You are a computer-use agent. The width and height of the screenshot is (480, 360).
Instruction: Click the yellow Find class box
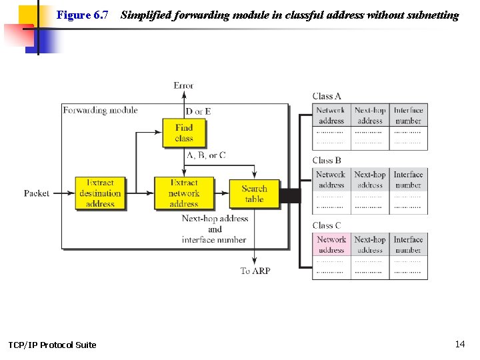click(x=184, y=133)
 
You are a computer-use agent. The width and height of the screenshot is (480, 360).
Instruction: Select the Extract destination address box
click(x=100, y=193)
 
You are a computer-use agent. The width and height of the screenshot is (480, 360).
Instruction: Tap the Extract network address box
click(x=184, y=193)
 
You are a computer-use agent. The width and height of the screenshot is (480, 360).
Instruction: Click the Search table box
click(x=254, y=194)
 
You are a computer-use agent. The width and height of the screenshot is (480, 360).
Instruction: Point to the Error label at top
click(x=183, y=85)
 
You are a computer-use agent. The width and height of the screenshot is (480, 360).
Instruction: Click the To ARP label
click(x=255, y=271)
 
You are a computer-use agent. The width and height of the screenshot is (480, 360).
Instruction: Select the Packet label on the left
click(x=37, y=193)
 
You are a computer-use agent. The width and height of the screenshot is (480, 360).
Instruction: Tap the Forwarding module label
click(x=100, y=110)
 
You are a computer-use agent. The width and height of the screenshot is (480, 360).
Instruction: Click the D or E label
click(x=198, y=111)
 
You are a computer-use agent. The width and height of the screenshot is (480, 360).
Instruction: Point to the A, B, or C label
click(x=206, y=155)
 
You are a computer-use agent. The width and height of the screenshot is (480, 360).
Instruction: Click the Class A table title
click(x=327, y=96)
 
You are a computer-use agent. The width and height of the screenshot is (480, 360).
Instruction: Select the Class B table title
click(x=327, y=160)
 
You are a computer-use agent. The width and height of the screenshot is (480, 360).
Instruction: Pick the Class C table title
click(x=327, y=225)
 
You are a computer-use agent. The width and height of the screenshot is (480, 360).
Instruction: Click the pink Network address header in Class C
click(x=331, y=245)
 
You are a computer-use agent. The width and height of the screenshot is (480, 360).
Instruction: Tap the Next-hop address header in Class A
click(x=370, y=115)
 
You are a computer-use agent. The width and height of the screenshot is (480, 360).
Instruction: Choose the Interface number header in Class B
click(x=408, y=179)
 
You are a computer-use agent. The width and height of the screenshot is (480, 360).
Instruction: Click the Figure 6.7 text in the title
click(x=83, y=15)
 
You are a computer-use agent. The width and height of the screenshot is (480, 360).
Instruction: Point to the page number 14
click(x=459, y=344)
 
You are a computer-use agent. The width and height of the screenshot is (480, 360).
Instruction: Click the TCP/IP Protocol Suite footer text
click(x=52, y=345)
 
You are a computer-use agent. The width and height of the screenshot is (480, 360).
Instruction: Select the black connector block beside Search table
click(x=289, y=195)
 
